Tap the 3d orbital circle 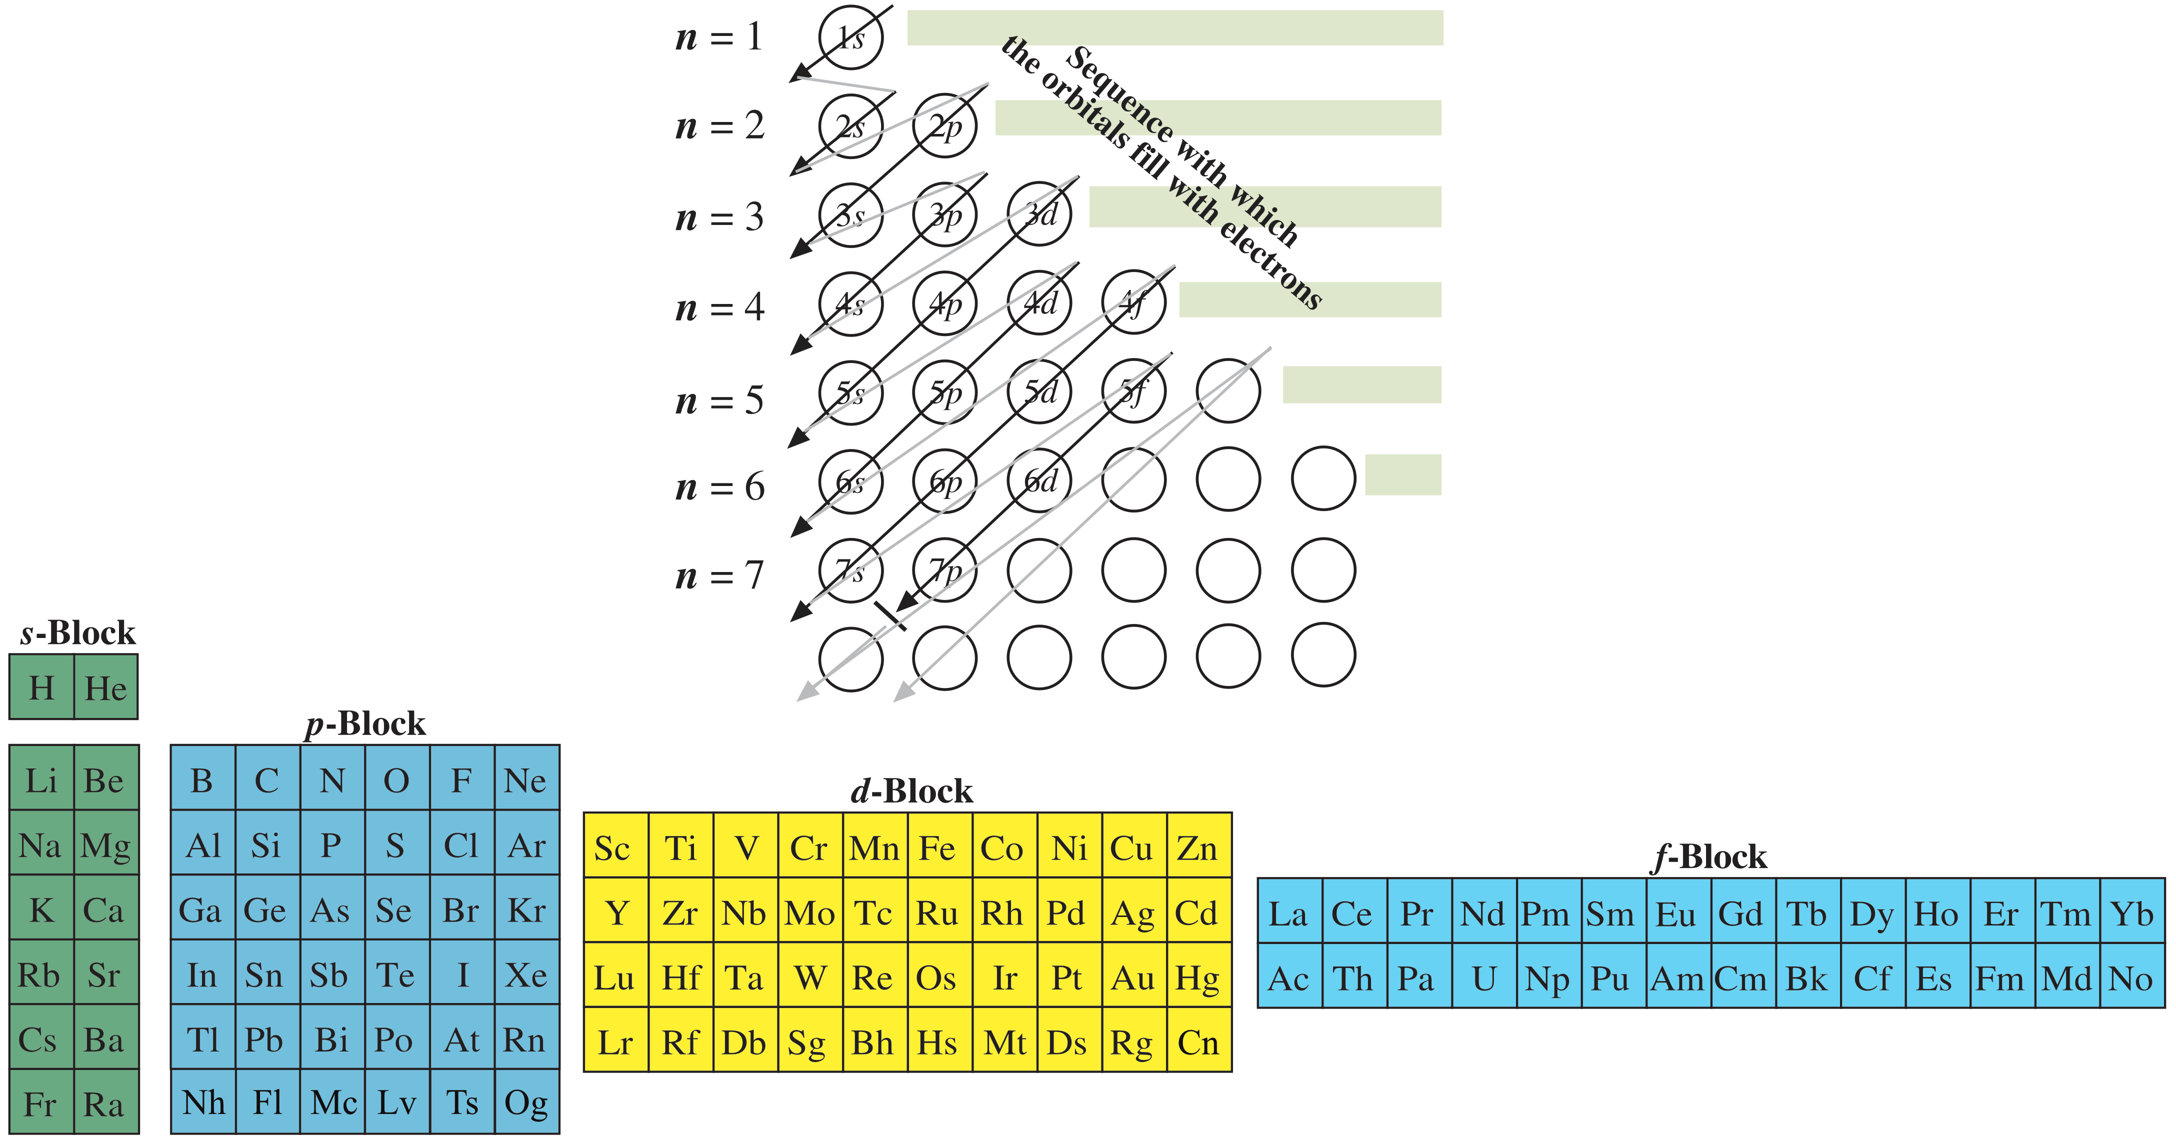1040,214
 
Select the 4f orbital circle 1133,302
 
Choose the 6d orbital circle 1040,480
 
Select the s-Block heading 77,632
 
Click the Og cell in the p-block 526,1102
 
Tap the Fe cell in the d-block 937,847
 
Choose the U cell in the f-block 1484,978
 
